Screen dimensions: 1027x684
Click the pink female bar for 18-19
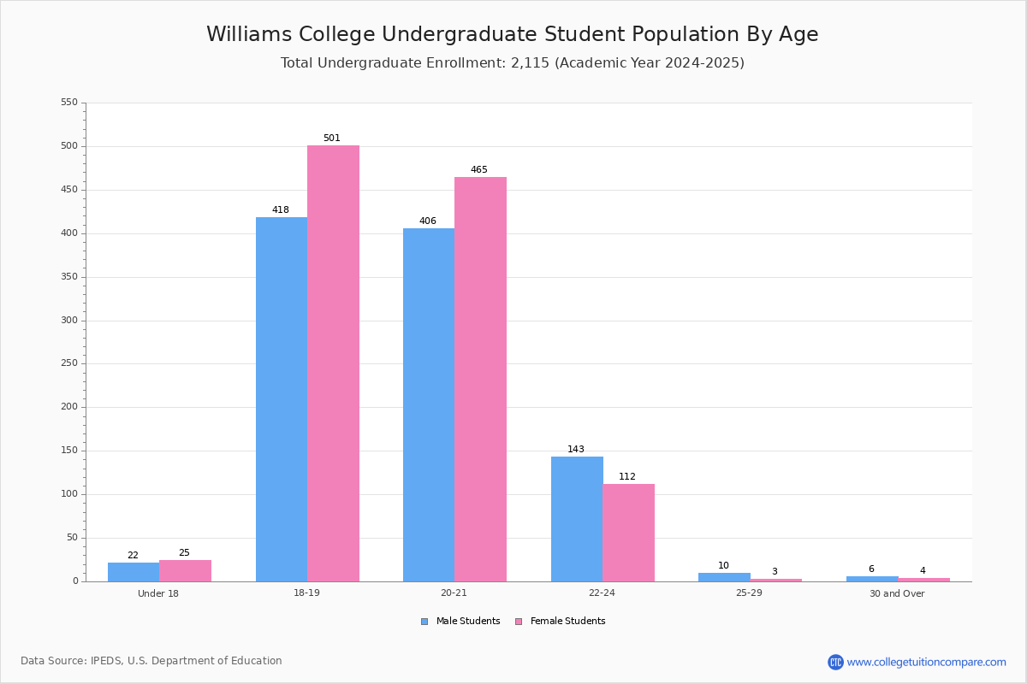coord(333,363)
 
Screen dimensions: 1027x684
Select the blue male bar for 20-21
coord(429,405)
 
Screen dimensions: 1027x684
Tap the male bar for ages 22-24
coord(577,519)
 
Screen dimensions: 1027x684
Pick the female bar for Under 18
coord(185,571)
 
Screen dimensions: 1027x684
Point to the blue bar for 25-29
coord(724,577)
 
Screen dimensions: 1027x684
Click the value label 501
coord(332,138)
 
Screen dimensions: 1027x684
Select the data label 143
coord(576,449)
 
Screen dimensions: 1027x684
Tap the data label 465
coord(479,169)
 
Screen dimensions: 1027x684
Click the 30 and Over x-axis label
coord(897,593)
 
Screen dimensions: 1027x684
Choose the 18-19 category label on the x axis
coord(306,593)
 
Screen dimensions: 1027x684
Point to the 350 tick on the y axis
coord(69,277)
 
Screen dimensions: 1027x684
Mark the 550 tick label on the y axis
coord(69,102)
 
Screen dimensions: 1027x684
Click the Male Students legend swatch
coord(424,622)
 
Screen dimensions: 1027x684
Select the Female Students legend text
coord(568,621)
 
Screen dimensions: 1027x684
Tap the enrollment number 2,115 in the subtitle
coord(530,62)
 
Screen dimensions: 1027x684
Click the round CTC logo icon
coord(835,662)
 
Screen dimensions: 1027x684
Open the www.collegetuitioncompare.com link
coord(927,663)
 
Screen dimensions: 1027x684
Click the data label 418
coord(281,209)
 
